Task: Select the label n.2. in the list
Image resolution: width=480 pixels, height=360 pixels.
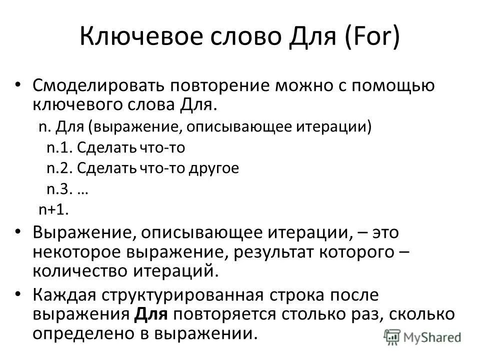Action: point(60,168)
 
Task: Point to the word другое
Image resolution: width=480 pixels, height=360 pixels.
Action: point(213,168)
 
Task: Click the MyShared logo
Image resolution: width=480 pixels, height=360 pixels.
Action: point(423,336)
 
